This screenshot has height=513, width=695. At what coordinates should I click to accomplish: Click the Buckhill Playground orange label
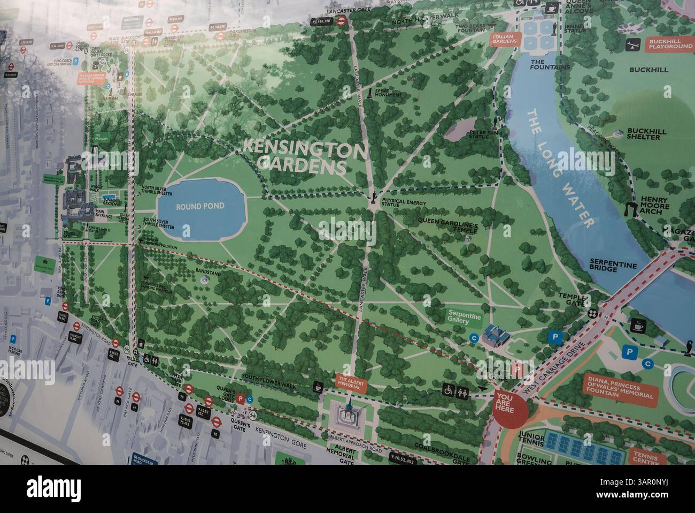(x=670, y=43)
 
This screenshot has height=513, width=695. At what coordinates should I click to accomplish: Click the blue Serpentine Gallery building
(x=495, y=336)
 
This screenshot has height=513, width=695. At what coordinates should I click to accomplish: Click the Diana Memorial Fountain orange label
(x=620, y=387)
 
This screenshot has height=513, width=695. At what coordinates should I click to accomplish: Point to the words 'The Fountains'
(x=543, y=65)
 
